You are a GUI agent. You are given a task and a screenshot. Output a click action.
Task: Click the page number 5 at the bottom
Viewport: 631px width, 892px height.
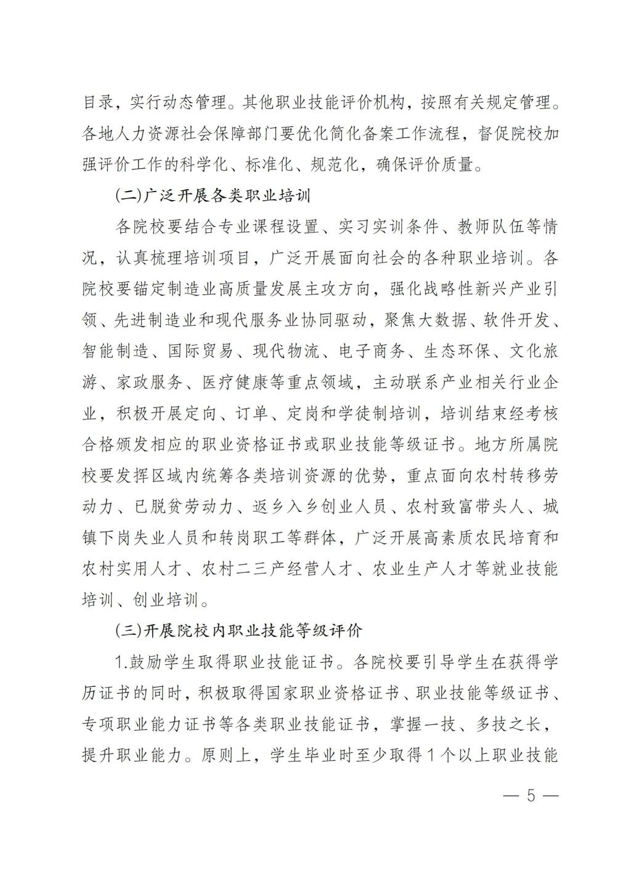click(530, 795)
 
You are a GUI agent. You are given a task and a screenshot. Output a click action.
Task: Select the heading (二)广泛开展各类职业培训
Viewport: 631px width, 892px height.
click(213, 197)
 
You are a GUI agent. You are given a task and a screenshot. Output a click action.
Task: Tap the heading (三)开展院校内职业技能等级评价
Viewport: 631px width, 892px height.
click(238, 631)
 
